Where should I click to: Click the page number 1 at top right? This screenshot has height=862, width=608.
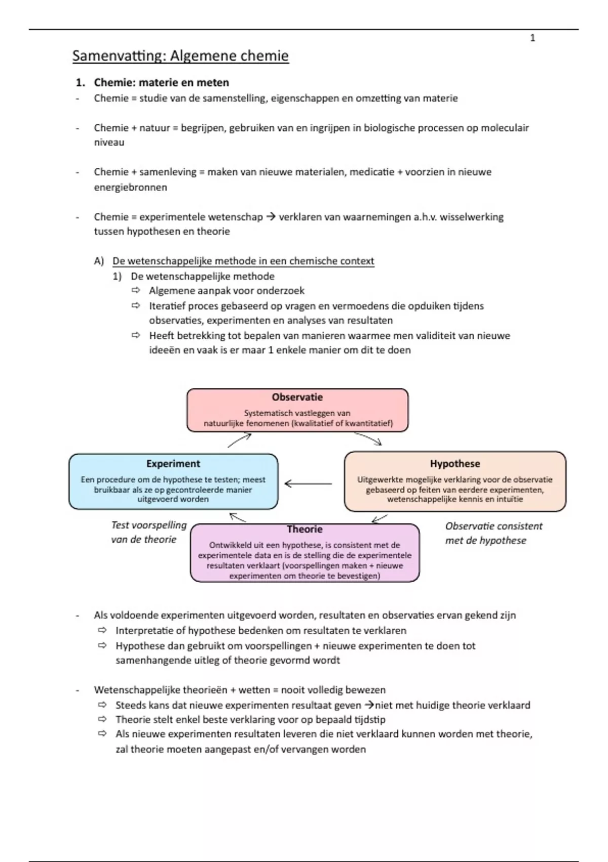tap(533, 38)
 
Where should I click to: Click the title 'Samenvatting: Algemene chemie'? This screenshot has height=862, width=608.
tap(180, 56)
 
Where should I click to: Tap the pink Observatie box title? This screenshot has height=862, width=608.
tap(297, 397)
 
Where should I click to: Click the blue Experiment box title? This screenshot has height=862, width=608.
tap(173, 463)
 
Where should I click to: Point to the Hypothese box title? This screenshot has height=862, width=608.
tap(455, 463)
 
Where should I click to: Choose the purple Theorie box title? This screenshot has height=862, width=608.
tap(305, 529)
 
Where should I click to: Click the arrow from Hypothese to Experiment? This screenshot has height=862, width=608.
tap(308, 484)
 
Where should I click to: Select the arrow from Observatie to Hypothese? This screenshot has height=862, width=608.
tap(368, 439)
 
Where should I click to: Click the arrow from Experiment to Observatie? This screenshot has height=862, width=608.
tap(239, 440)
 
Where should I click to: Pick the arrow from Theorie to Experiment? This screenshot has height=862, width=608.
tap(238, 518)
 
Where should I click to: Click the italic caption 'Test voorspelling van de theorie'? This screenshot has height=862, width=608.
tap(148, 532)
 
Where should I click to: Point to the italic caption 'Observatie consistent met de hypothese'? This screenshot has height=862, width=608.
tap(493, 533)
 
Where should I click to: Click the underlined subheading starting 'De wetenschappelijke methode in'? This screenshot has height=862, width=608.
tap(243, 261)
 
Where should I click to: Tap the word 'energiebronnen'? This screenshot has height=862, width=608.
tap(130, 188)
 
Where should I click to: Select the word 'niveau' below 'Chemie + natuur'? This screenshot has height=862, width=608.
tap(109, 142)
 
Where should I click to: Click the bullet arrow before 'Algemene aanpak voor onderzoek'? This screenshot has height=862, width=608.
tap(136, 291)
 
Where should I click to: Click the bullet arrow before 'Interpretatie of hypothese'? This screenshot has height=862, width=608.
tap(103, 630)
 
